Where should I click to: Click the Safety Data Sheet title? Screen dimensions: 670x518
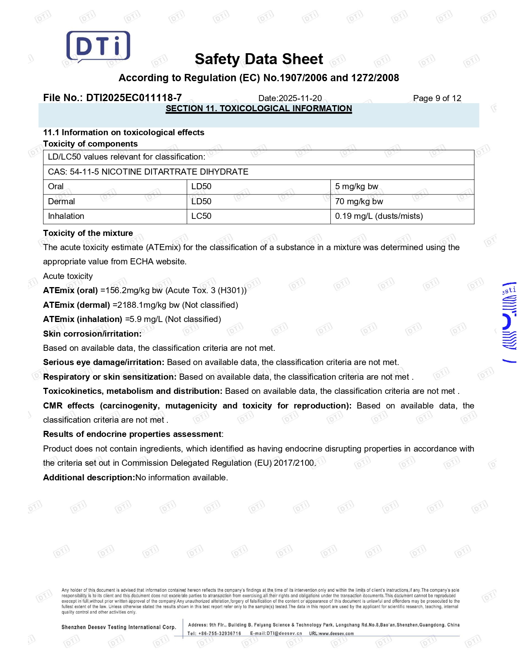coord(259,59)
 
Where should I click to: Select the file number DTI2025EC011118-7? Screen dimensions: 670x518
coord(134,98)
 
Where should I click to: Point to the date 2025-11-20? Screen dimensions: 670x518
coord(300,98)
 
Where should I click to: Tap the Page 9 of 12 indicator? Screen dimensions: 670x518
coord(437,98)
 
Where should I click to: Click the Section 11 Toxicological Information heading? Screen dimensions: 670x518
coord(259,108)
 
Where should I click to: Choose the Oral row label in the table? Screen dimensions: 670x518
coord(56,186)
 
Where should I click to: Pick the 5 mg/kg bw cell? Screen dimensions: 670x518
coord(356,186)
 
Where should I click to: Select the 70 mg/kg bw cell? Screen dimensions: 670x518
coord(359,201)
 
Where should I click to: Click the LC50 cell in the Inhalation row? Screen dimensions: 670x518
coord(201,216)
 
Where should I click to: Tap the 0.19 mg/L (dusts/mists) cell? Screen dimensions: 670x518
coord(379,216)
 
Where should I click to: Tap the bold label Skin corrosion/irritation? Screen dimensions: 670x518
coord(92,334)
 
